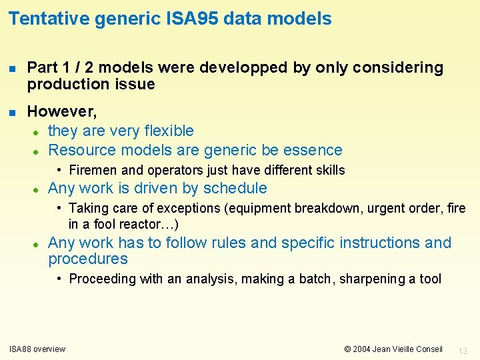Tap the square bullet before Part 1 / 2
12,68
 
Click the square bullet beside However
12,111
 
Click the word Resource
81,150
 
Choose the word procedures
88,259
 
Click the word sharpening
373,279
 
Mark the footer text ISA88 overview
37,349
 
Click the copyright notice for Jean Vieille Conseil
393,349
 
